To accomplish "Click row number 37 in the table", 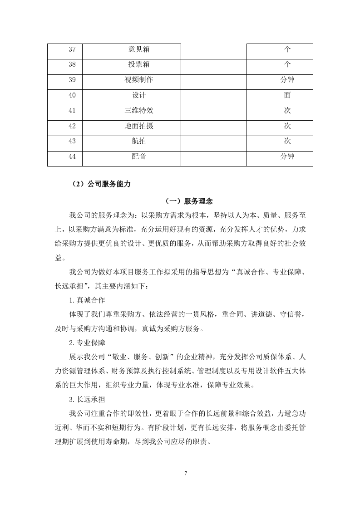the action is pyautogui.click(x=72, y=49).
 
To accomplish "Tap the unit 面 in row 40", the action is pyautogui.click(x=287, y=96).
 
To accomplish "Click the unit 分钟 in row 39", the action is pyautogui.click(x=287, y=80).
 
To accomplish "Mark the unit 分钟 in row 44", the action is pyautogui.click(x=287, y=157).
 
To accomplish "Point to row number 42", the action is pyautogui.click(x=72, y=126).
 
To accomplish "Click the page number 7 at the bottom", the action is pyautogui.click(x=186, y=473).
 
